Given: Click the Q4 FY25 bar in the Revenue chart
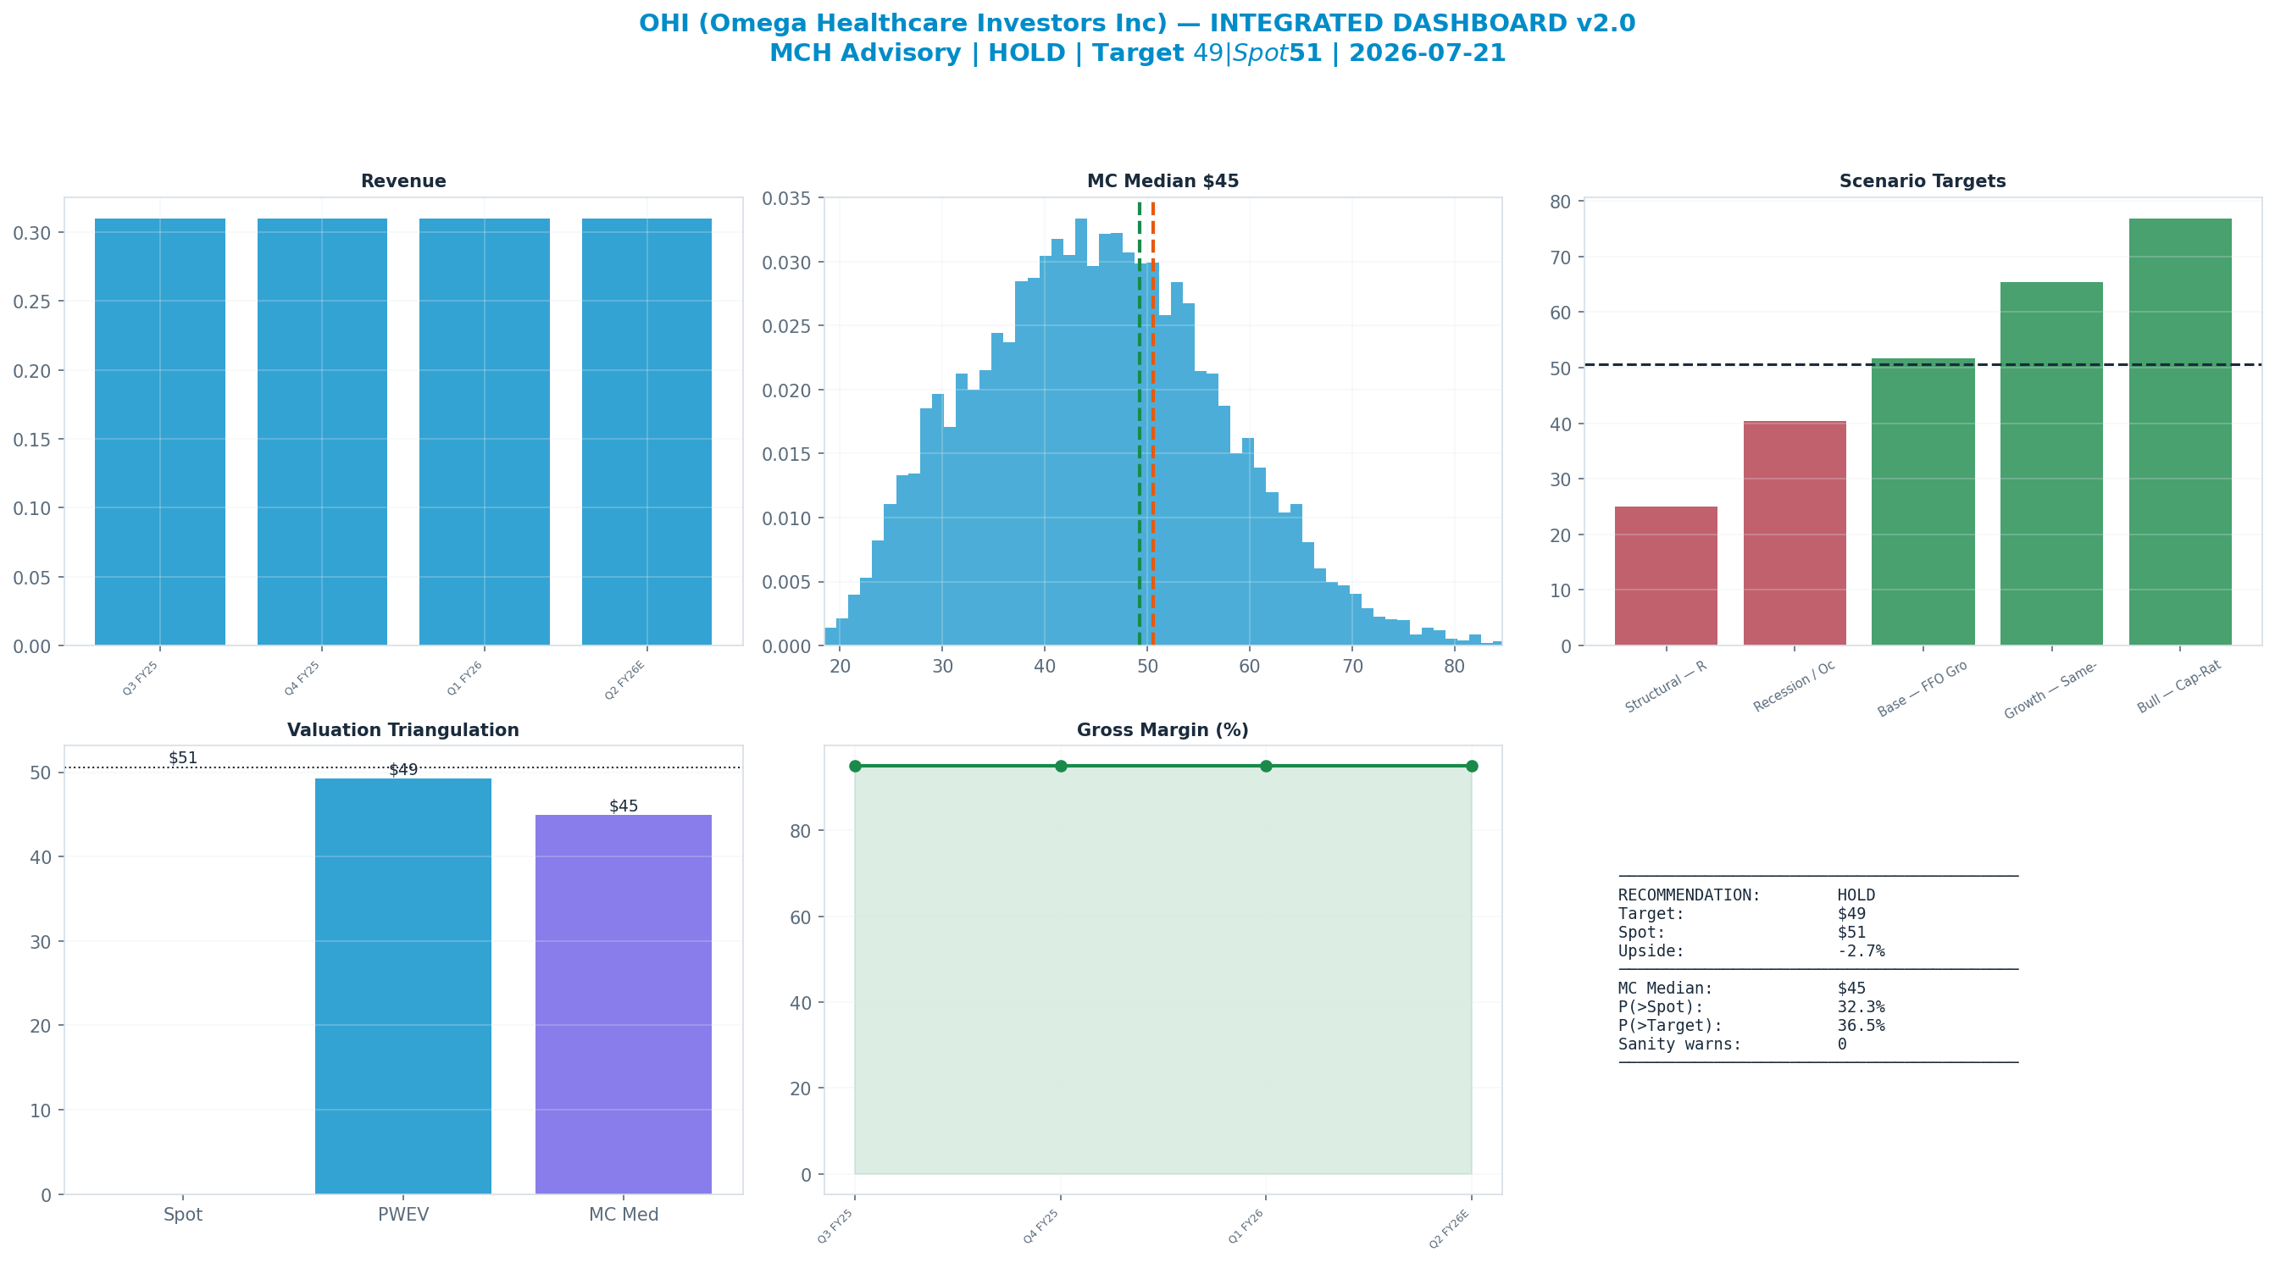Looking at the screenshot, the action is click(x=322, y=432).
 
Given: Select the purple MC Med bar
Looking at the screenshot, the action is click(x=624, y=1005).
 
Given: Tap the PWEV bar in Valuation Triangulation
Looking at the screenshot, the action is click(x=402, y=986).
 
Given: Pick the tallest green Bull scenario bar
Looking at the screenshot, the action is click(x=2179, y=432).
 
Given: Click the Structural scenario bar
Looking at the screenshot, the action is click(x=1666, y=576).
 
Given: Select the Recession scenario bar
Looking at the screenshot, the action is click(x=1795, y=534).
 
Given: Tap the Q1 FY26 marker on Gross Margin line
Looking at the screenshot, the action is click(x=1266, y=766).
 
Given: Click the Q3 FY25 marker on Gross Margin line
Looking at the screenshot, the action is click(x=855, y=766).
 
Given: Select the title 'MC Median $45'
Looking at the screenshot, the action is click(x=1162, y=181).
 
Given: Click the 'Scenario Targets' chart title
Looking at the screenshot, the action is click(x=1923, y=181).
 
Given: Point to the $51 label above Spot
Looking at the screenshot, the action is click(x=183, y=758).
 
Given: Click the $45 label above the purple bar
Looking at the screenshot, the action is click(x=624, y=806).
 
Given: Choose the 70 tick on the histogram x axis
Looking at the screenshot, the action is click(x=1352, y=666).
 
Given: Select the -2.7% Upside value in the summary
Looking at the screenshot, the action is click(x=1861, y=951).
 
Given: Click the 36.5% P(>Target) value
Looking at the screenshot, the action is click(x=1861, y=1026).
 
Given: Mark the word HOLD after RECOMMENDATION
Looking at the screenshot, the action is click(x=1856, y=895).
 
